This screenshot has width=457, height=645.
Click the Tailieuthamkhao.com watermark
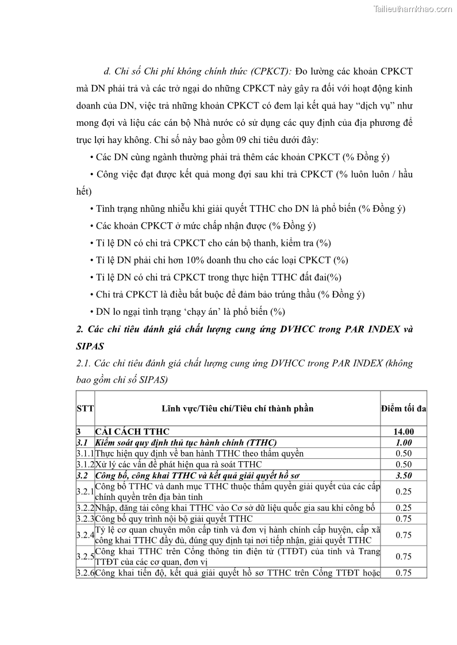tap(412, 9)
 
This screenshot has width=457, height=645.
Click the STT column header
tap(85, 408)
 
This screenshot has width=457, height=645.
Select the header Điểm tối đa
tap(404, 408)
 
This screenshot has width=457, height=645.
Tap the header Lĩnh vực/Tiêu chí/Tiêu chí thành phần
tap(237, 408)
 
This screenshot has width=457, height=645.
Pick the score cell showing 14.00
tap(404, 431)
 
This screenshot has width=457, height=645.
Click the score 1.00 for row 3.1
tap(404, 442)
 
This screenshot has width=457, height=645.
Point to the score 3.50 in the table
tap(404, 476)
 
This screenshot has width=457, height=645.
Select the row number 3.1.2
tap(85, 464)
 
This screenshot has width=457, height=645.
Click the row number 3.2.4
tap(85, 535)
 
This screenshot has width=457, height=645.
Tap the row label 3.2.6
tap(85, 573)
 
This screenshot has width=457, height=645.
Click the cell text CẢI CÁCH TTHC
tap(132, 431)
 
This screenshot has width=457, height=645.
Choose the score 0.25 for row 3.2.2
tap(404, 508)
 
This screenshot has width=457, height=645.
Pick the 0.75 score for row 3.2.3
tap(404, 519)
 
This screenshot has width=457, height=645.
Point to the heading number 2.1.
tap(83, 364)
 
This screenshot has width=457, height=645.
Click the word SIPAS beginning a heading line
tap(91, 347)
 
